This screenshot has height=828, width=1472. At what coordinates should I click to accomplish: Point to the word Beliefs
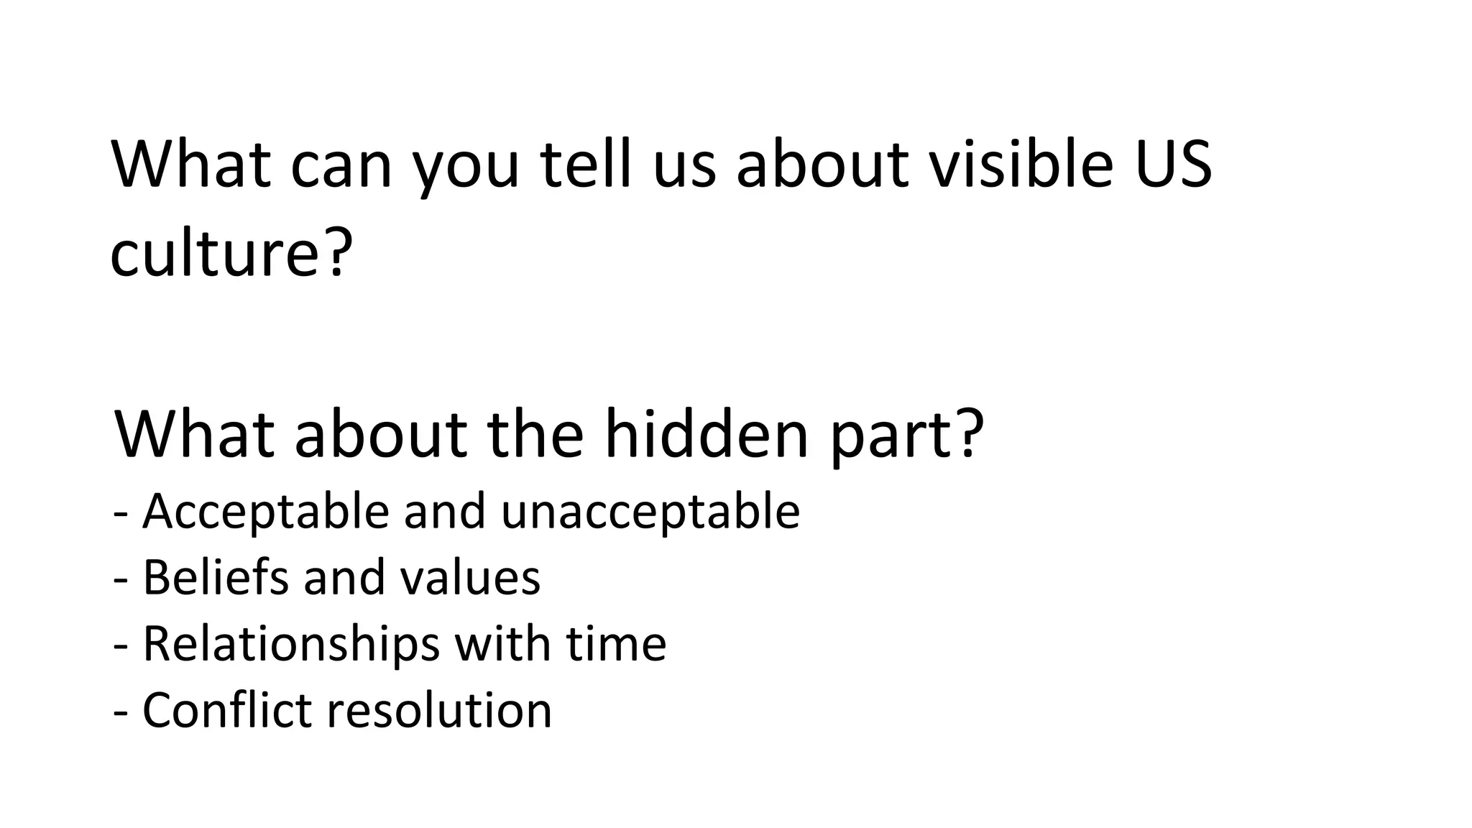tap(216, 577)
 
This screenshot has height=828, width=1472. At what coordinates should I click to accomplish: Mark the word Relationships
tap(291, 645)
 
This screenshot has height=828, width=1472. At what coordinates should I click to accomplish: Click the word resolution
tap(440, 709)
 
